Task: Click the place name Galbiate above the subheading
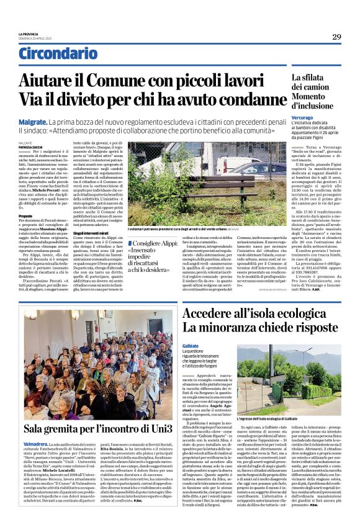pos(191,346)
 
